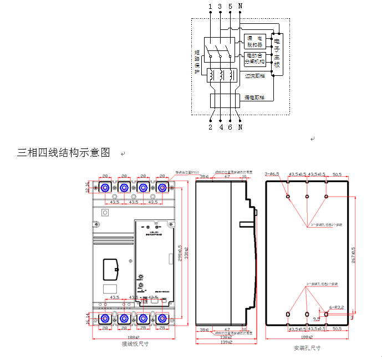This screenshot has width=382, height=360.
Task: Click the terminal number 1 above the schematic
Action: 210,6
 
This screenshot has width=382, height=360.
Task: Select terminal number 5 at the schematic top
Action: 230,6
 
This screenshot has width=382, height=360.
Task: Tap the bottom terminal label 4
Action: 220,127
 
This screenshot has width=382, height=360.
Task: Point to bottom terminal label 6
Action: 230,127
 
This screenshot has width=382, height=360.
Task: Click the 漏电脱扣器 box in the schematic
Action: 255,40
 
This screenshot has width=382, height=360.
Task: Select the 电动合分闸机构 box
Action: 255,58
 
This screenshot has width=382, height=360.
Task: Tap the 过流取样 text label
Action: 255,76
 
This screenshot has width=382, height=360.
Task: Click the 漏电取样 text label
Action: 255,97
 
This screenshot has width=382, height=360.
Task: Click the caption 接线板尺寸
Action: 135,344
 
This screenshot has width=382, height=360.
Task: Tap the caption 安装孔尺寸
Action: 307,348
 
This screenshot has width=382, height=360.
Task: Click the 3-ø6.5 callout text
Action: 272,174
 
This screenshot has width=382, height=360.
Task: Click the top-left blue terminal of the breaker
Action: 104,188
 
